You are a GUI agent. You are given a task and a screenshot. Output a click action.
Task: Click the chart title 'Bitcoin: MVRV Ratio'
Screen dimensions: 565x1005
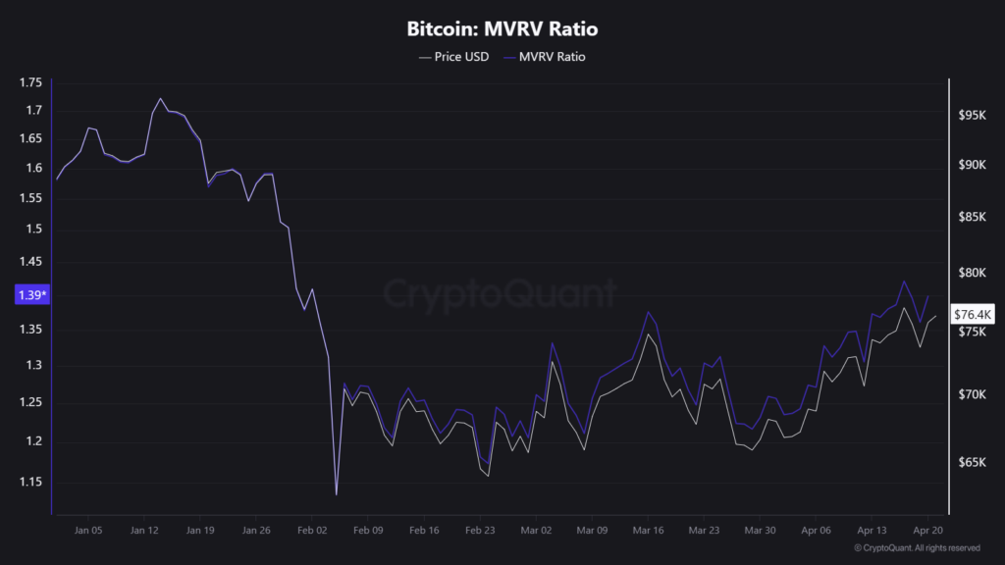[502, 29]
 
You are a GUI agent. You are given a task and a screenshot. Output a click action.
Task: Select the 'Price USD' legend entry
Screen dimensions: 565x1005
[453, 57]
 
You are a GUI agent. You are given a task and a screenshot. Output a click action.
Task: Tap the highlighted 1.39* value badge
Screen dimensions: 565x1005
[32, 294]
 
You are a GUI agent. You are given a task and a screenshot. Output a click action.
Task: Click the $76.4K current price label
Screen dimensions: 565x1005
[973, 314]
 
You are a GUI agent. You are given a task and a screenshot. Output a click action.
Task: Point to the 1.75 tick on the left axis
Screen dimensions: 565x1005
[30, 82]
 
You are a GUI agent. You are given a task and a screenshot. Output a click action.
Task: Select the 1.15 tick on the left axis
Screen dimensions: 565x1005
[30, 482]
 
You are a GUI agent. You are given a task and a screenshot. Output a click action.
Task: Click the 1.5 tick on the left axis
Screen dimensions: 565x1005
[33, 230]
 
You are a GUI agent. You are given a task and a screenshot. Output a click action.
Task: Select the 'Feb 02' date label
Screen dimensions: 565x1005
[311, 530]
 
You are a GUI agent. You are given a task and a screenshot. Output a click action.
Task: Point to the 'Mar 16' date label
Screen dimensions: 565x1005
[648, 530]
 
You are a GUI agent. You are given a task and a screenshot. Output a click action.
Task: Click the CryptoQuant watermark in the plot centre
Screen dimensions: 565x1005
[501, 292]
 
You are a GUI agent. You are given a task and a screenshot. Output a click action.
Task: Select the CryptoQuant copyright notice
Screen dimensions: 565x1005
[917, 547]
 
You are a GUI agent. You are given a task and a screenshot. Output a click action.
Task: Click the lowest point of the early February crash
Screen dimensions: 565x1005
[336, 495]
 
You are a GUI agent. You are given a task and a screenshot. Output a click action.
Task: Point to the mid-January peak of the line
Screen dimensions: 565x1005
[160, 98]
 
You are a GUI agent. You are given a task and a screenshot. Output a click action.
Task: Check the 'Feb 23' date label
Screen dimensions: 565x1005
[479, 530]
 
